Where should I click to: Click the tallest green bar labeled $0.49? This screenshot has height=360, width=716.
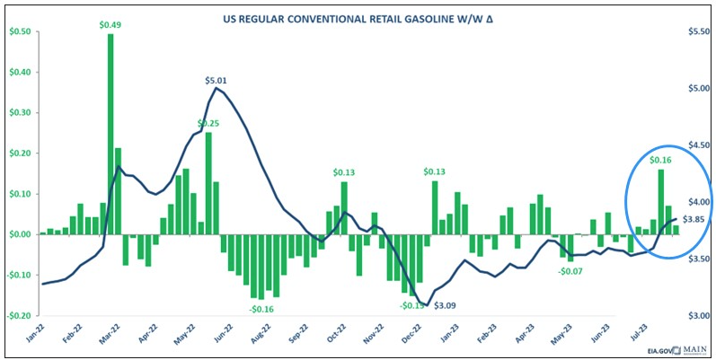click(x=110, y=135)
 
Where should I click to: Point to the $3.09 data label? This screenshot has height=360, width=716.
click(x=446, y=305)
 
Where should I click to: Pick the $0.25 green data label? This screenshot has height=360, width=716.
click(x=208, y=123)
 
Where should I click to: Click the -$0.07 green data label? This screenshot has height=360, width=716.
click(x=572, y=270)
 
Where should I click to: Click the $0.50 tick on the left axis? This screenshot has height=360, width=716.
click(x=19, y=31)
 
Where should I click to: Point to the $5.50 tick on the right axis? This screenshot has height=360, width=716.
click(x=696, y=31)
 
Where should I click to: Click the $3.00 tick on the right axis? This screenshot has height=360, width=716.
click(x=696, y=315)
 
